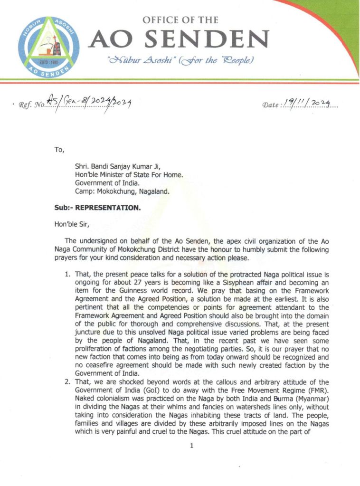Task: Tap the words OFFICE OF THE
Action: click(180, 20)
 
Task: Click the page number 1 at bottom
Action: click(192, 446)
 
